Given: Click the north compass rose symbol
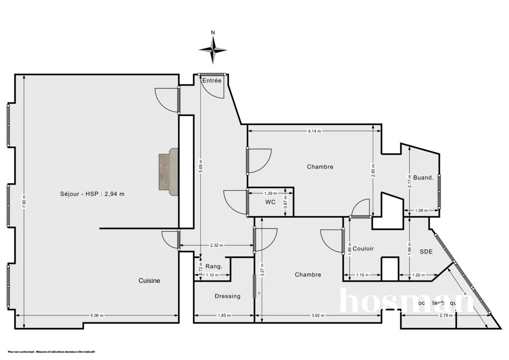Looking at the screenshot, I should point(213,49).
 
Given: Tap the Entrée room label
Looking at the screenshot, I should point(212,81).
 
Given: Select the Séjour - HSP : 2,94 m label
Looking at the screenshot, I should point(92,194).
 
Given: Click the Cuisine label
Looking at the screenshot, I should point(149,280).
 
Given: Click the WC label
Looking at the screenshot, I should point(270,202).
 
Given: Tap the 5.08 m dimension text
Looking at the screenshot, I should point(97,315).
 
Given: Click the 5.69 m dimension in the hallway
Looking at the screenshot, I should point(201,166).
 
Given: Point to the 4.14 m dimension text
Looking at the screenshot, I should point(314,131).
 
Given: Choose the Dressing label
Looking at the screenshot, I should point(227,296).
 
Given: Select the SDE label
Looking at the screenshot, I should point(426,251).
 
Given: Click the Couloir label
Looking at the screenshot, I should point(363,248).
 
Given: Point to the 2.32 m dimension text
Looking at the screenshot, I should point(216,245).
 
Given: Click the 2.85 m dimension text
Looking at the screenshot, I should point(373,171).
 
